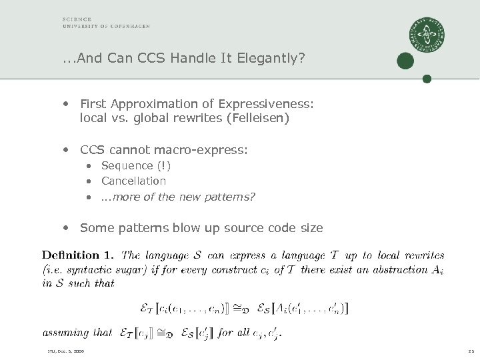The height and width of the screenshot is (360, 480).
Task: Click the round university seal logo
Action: [x=427, y=36]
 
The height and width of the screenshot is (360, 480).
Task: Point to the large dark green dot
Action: [x=405, y=61]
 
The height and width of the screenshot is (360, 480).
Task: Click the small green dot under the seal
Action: [x=427, y=78]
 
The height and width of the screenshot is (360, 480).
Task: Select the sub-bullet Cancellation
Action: [x=133, y=181]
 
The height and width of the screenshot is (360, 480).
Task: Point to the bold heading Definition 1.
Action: [x=78, y=254]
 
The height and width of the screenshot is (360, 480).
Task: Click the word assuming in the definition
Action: [x=65, y=331]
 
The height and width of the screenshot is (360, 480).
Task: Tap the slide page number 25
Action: [x=469, y=351]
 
